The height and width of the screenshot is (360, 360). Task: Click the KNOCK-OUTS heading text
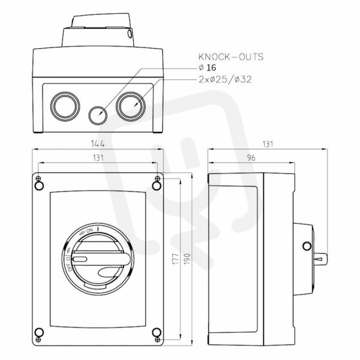click(x=231, y=57)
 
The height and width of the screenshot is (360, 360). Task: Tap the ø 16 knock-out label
click(x=207, y=68)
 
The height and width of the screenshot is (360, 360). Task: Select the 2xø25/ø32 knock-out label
click(x=225, y=79)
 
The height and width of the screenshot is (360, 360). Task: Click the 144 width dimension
click(x=98, y=144)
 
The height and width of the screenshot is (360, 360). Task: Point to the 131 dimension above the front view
click(x=98, y=158)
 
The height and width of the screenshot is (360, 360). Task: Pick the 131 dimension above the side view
click(x=268, y=144)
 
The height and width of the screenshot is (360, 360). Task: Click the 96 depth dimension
click(x=251, y=158)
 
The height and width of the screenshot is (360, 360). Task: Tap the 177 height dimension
click(x=176, y=259)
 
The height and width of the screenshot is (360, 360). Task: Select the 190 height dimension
click(x=187, y=259)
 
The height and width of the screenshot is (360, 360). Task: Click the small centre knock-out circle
click(x=98, y=115)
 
